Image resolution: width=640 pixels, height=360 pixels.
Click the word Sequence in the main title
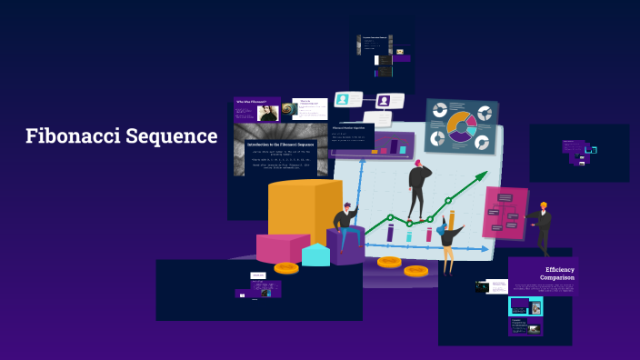(x=175, y=136)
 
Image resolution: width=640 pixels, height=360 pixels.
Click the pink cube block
(x=280, y=247)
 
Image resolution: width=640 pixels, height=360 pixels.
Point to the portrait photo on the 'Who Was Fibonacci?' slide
(x=267, y=113)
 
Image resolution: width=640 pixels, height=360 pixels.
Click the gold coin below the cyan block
(x=286, y=267)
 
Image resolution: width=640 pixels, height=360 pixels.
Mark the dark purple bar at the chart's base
(x=390, y=233)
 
